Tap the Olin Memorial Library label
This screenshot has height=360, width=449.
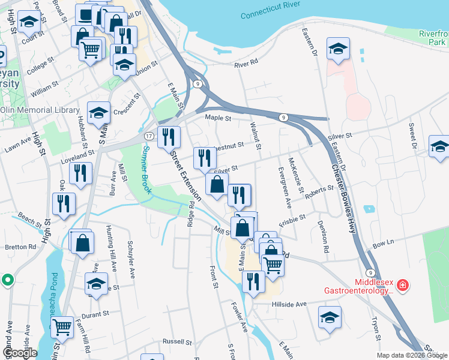coord(40,110)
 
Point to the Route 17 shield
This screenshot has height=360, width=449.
coord(148,137)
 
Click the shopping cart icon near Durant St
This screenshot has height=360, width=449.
coord(62,328)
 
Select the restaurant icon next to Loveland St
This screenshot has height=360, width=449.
coord(80,173)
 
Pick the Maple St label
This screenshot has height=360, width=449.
coord(218,118)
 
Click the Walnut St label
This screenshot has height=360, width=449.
coord(255,135)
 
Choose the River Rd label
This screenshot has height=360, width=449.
coord(246,62)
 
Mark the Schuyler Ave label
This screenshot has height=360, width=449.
coord(131,259)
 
